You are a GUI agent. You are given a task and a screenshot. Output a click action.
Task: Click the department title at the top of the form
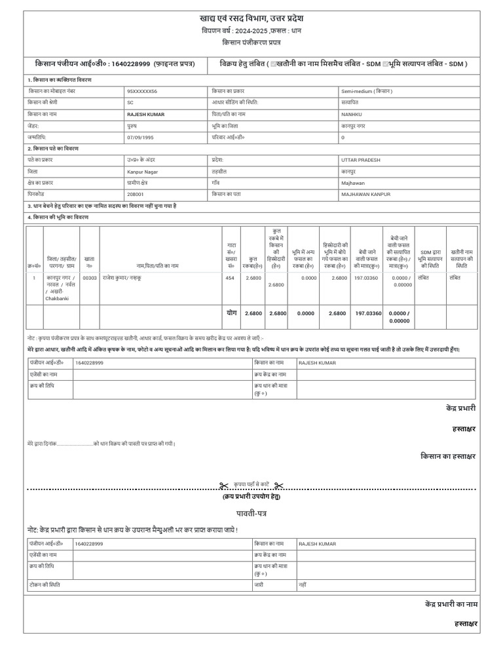[x=251, y=18]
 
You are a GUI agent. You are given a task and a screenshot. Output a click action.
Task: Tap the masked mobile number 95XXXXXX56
[x=142, y=92]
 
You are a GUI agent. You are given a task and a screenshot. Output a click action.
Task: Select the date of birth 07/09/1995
[x=140, y=138]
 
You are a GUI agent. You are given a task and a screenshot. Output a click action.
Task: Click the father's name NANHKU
[x=352, y=114]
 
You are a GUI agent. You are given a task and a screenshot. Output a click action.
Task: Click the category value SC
[x=130, y=103]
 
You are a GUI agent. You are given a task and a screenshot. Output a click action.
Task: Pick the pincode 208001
[x=136, y=194]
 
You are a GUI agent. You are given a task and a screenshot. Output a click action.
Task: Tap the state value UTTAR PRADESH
[x=360, y=160]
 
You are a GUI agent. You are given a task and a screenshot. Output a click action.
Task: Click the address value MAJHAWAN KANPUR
[x=365, y=194]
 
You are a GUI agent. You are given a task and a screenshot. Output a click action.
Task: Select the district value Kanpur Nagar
[x=142, y=172]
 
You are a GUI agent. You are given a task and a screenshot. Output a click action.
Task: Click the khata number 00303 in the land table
[x=90, y=278]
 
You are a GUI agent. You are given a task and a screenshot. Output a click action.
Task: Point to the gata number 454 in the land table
[x=230, y=278]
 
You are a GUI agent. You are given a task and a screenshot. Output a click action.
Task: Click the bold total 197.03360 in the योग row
[x=367, y=314]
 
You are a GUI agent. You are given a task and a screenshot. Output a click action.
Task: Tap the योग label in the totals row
[x=231, y=313]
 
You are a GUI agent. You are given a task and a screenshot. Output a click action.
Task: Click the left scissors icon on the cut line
[x=223, y=486]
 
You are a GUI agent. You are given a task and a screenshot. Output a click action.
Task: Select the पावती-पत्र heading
[x=251, y=512]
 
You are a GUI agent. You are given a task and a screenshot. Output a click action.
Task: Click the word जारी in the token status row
[x=259, y=583]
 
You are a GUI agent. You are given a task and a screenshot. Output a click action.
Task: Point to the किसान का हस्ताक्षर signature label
[x=448, y=455]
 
